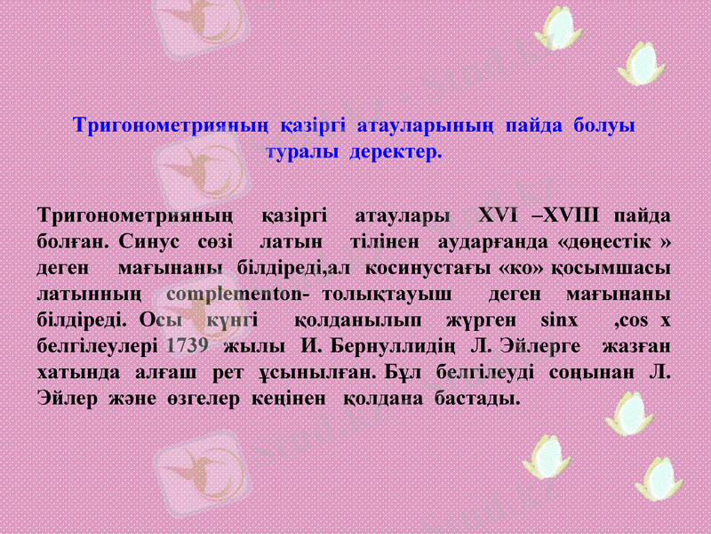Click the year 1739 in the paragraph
pos(187,344)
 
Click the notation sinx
pos(558,319)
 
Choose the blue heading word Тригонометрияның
pos(169,125)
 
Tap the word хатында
pos(73,369)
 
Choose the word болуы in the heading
pos(604,125)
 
